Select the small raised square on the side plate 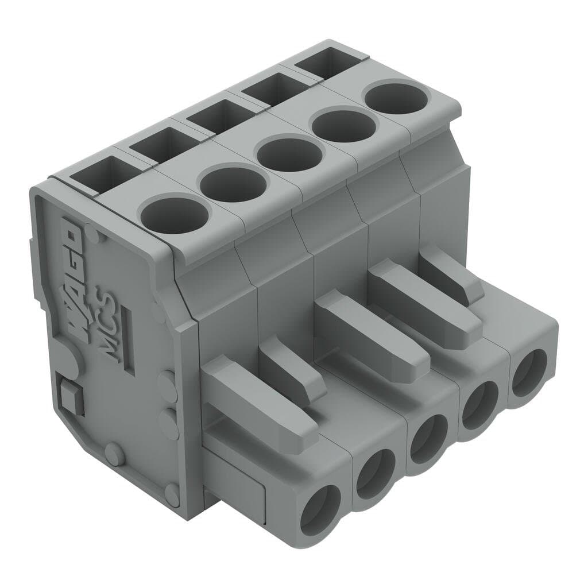(70, 396)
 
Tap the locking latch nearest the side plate (258, 402)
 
